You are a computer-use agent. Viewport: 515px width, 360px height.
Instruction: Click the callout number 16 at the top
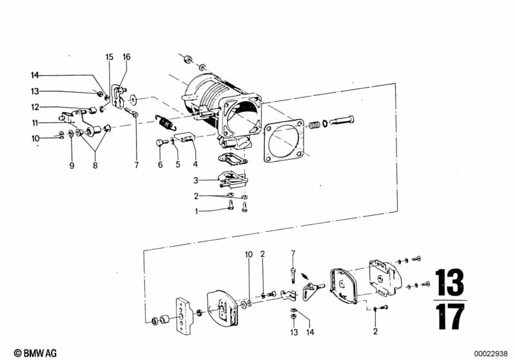pos(126,57)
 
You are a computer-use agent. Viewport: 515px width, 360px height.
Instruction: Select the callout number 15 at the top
pos(110,57)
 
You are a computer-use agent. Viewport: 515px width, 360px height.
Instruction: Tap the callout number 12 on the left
pos(35,108)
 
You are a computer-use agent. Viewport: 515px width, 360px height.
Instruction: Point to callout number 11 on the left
pos(35,123)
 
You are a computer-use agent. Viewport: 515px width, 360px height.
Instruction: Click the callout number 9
pos(72,166)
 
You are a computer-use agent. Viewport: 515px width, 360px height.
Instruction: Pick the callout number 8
pos(95,166)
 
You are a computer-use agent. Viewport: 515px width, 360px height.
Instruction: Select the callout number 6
pos(160,164)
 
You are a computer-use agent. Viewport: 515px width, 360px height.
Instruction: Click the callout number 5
pos(178,164)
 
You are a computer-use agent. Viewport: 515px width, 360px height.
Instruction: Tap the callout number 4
pos(195,164)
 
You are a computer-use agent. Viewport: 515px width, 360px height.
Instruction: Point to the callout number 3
pos(196,180)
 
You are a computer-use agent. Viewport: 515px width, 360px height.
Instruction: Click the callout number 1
pos(197,212)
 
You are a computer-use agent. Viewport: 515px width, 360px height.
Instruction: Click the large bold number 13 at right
pos(450,283)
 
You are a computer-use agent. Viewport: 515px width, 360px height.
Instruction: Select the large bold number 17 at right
pos(451,317)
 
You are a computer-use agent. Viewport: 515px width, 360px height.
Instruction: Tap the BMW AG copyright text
pos(35,353)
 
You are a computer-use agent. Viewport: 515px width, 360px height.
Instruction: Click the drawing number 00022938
pos(491,354)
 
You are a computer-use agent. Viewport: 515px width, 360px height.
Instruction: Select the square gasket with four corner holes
pos(284,141)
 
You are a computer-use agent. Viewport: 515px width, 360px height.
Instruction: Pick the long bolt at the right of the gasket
pos(342,120)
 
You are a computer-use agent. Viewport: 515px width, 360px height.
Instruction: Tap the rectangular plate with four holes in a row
pos(183,316)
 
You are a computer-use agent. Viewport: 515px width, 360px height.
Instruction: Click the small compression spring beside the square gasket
pos(315,125)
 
